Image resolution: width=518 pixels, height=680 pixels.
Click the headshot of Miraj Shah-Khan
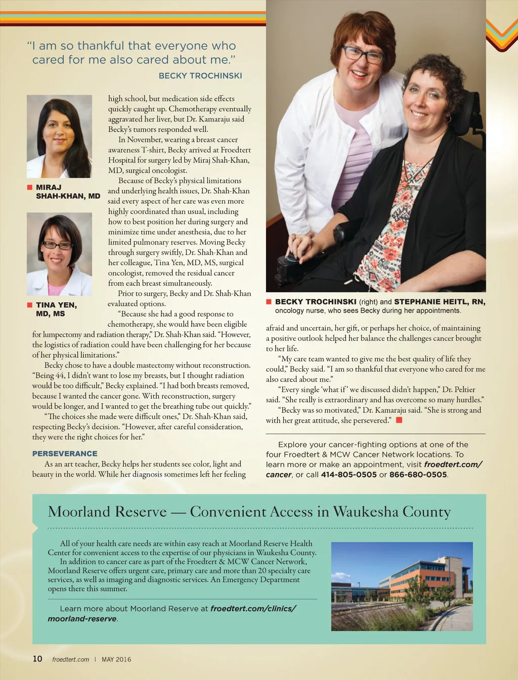point(59,137)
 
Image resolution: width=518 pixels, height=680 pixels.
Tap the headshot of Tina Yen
point(59,254)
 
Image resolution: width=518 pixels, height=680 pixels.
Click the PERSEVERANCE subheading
point(65,454)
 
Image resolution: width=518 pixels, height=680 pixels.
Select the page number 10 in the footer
point(37,659)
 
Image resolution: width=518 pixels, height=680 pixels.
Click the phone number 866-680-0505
point(418,475)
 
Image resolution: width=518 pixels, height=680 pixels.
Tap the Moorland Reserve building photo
point(402,586)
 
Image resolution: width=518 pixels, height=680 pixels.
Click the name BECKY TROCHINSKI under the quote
point(200,76)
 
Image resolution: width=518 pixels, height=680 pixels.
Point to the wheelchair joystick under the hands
point(292,259)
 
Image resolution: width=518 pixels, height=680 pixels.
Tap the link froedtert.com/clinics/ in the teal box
point(253,609)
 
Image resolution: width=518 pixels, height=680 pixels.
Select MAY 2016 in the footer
point(116,659)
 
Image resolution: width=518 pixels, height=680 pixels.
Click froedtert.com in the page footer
point(70,659)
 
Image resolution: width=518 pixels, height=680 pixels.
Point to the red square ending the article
point(399,420)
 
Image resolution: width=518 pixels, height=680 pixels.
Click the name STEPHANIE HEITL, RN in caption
point(440,302)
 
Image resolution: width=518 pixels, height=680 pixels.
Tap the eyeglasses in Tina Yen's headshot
point(58,245)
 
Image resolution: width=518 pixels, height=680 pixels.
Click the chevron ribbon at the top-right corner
point(502,35)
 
